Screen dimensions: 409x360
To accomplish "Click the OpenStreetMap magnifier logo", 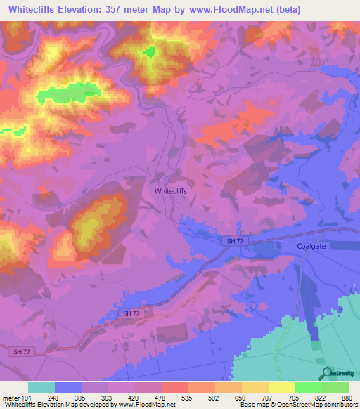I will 325,373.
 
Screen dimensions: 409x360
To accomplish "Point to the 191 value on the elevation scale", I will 27,397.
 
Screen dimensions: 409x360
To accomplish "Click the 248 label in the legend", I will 55,397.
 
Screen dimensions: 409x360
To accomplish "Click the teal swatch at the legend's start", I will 41,387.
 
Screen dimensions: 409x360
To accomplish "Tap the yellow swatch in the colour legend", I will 282,387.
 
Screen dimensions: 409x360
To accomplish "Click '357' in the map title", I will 118,10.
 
